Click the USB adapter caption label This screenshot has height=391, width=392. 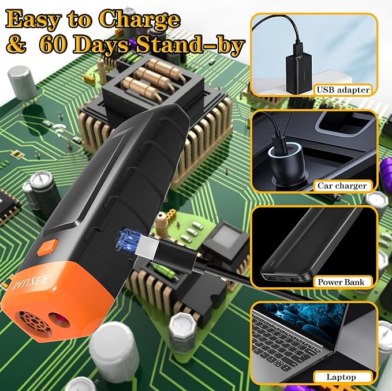pos(343,89)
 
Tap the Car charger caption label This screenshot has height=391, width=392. pos(342,186)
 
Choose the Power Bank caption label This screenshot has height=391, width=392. pos(342,282)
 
